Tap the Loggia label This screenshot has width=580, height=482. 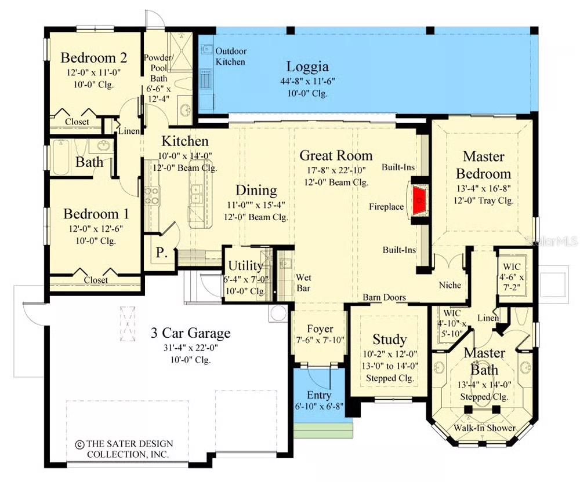tap(307, 66)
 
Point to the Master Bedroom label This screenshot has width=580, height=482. tap(483, 165)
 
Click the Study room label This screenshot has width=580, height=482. tap(389, 339)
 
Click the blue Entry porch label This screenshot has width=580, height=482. tap(319, 395)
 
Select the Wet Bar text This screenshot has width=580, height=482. tap(304, 282)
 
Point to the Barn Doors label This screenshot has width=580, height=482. tap(384, 297)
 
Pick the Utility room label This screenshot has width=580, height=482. tap(245, 266)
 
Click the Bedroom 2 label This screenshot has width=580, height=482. tap(94, 58)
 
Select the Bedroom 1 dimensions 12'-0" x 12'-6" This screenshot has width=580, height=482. tap(93, 228)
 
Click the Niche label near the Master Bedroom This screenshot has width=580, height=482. tap(450, 285)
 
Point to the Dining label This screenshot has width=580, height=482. tap(256, 191)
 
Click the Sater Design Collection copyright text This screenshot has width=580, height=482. tap(124, 448)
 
